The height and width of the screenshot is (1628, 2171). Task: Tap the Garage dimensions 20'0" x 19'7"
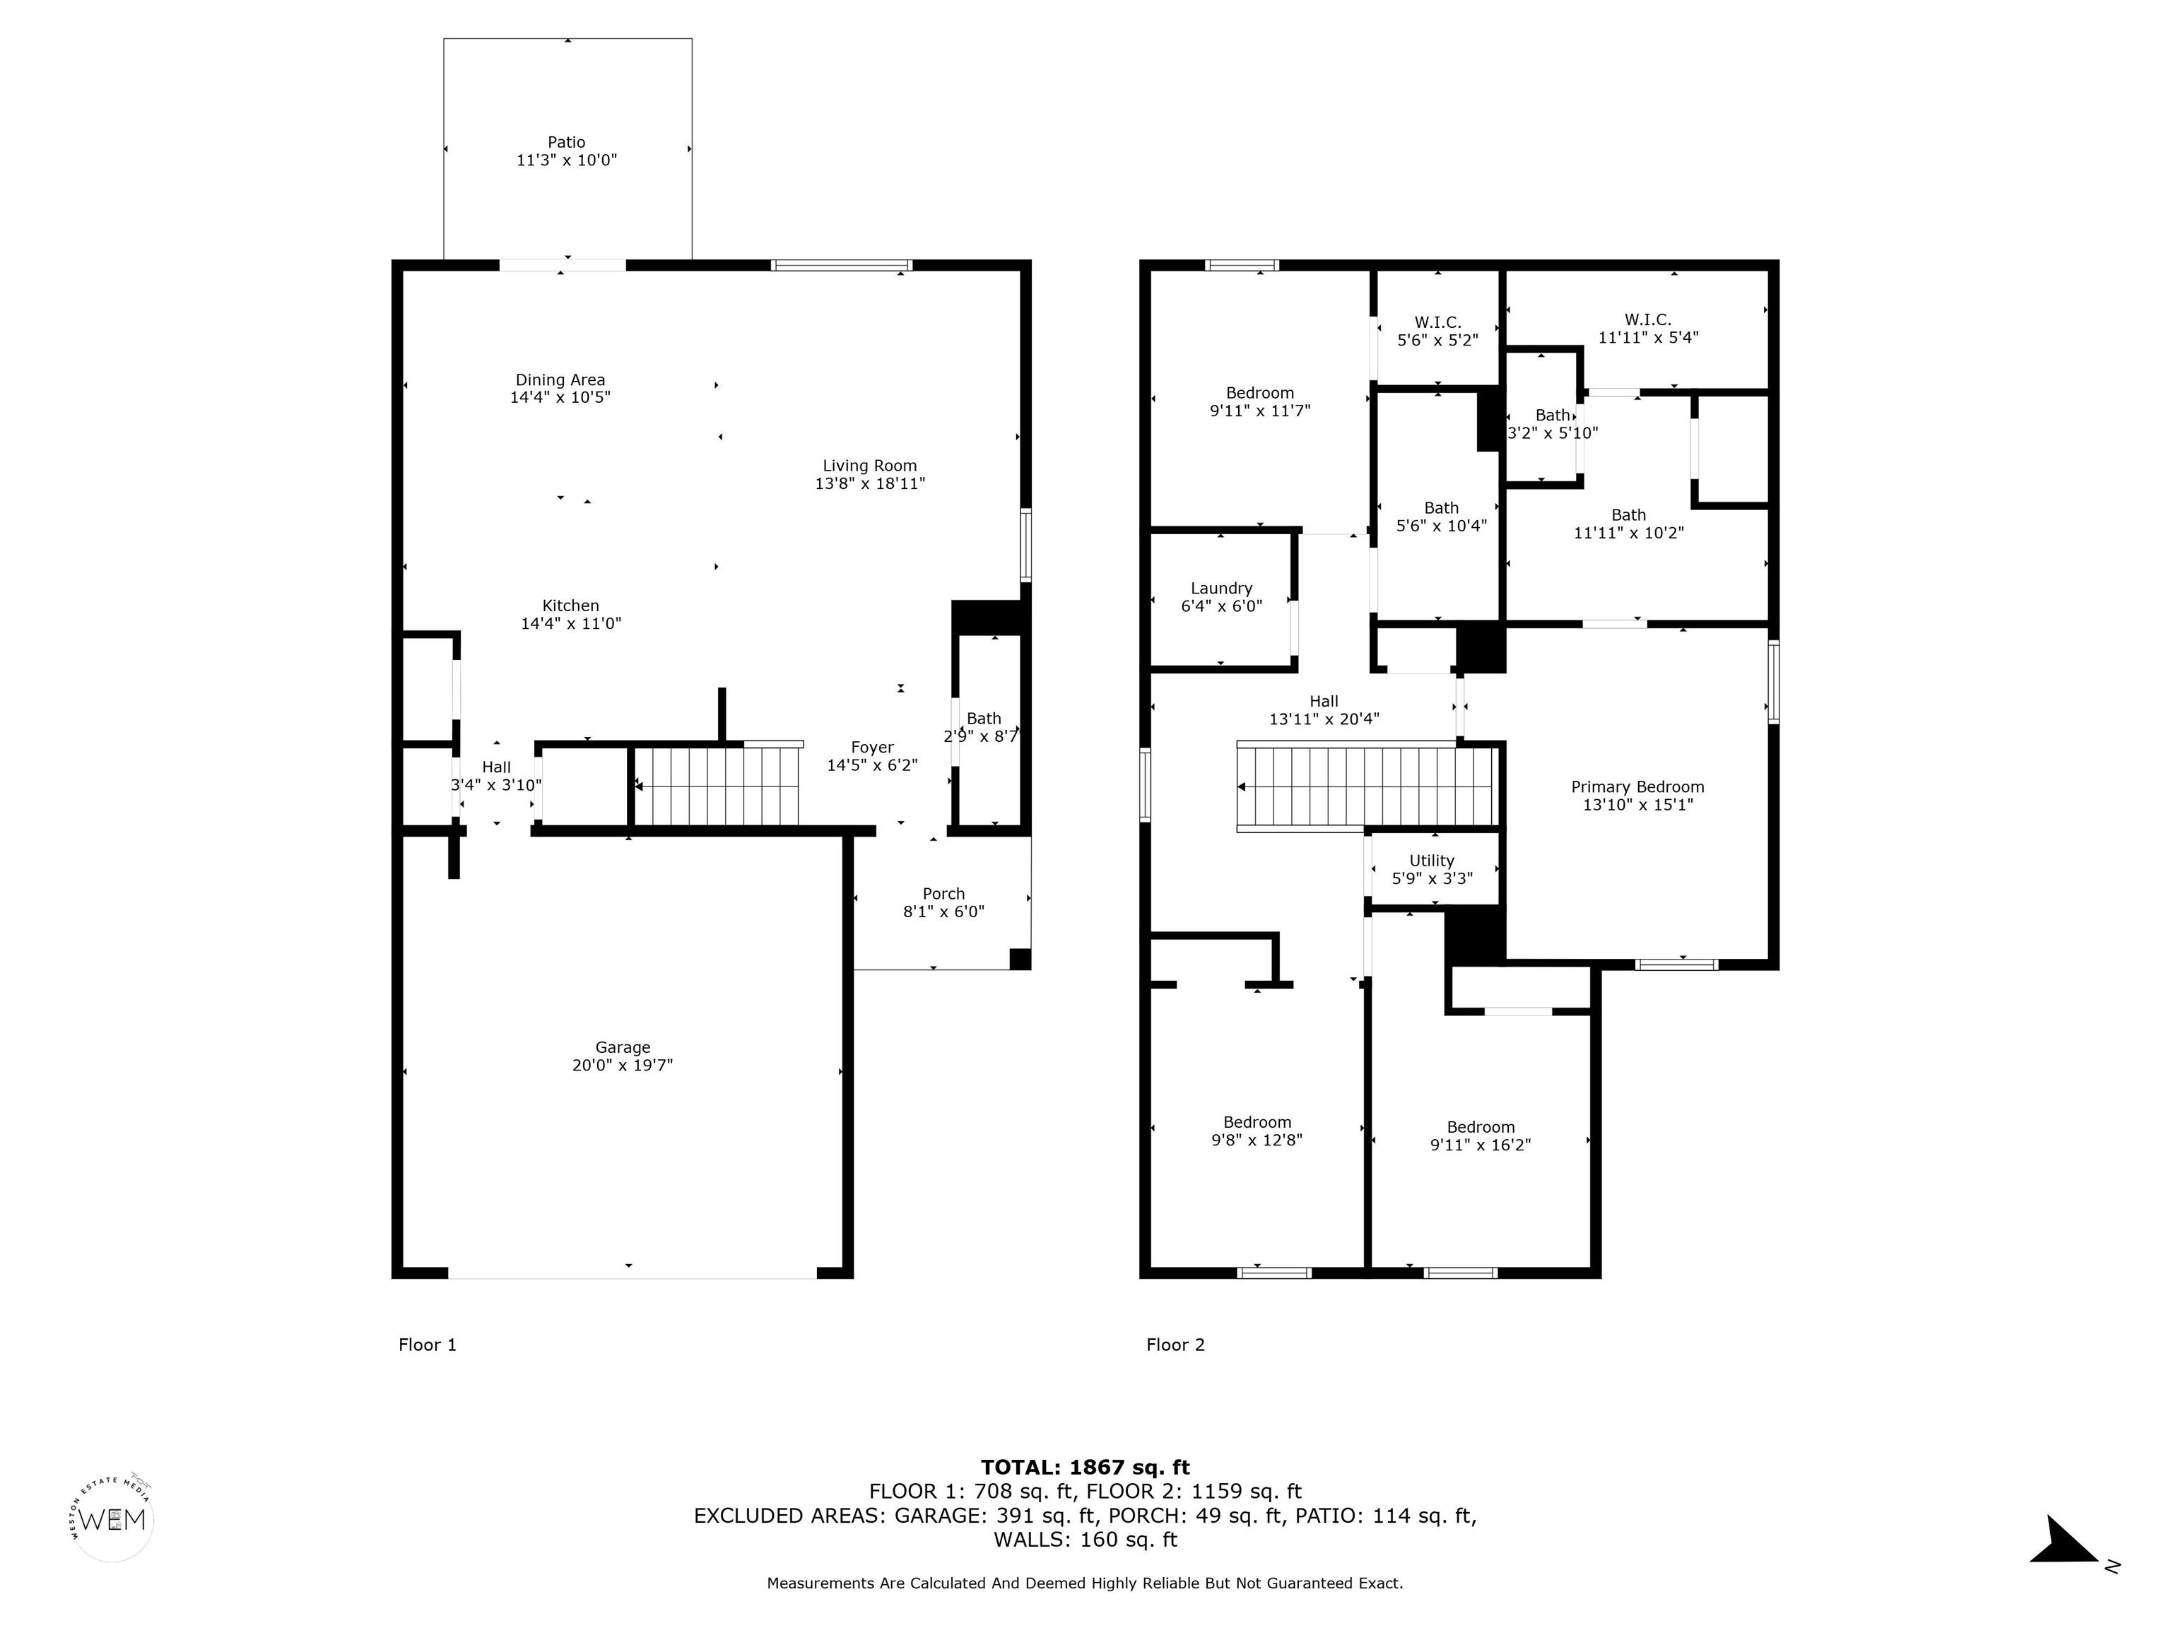622,1066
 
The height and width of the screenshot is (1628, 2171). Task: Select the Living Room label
869,466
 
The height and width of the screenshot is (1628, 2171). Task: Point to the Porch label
943,894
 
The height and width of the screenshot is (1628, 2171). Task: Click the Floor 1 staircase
717,786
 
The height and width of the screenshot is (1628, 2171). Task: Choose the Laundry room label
1221,589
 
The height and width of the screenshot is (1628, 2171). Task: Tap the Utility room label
1431,861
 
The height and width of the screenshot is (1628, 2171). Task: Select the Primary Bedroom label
1637,787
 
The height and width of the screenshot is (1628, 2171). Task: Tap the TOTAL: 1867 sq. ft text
1085,1467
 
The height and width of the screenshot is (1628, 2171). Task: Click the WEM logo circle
114,1520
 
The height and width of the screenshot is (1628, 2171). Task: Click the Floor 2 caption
1175,1345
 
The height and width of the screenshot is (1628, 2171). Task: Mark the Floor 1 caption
427,1345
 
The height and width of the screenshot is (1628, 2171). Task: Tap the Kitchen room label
570,606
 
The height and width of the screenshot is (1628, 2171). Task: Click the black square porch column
1020,959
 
